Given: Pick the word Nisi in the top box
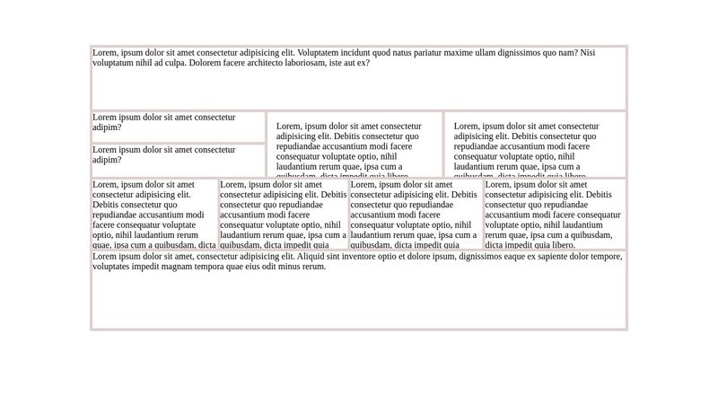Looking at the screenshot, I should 587,53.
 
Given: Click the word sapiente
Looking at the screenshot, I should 552,257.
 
